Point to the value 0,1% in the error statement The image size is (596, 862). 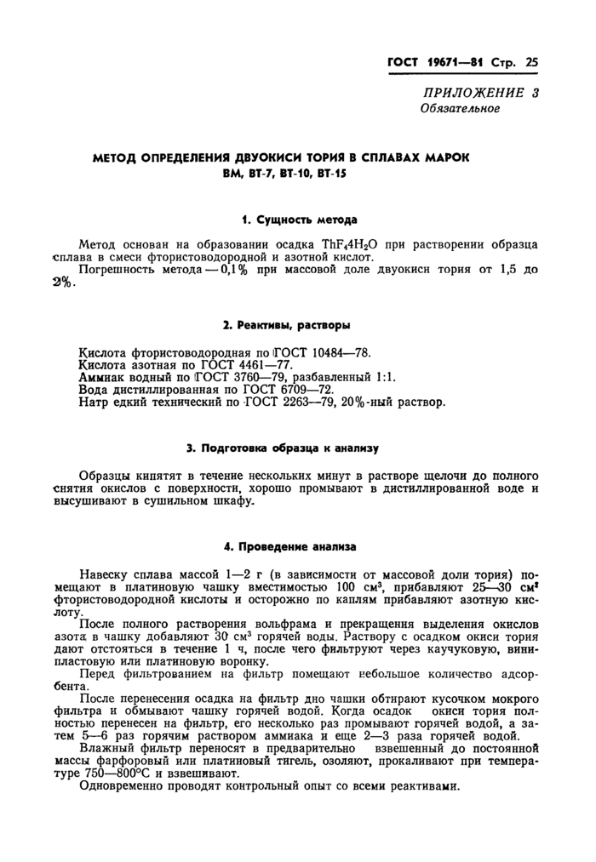(236, 270)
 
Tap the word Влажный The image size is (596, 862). (104, 748)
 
